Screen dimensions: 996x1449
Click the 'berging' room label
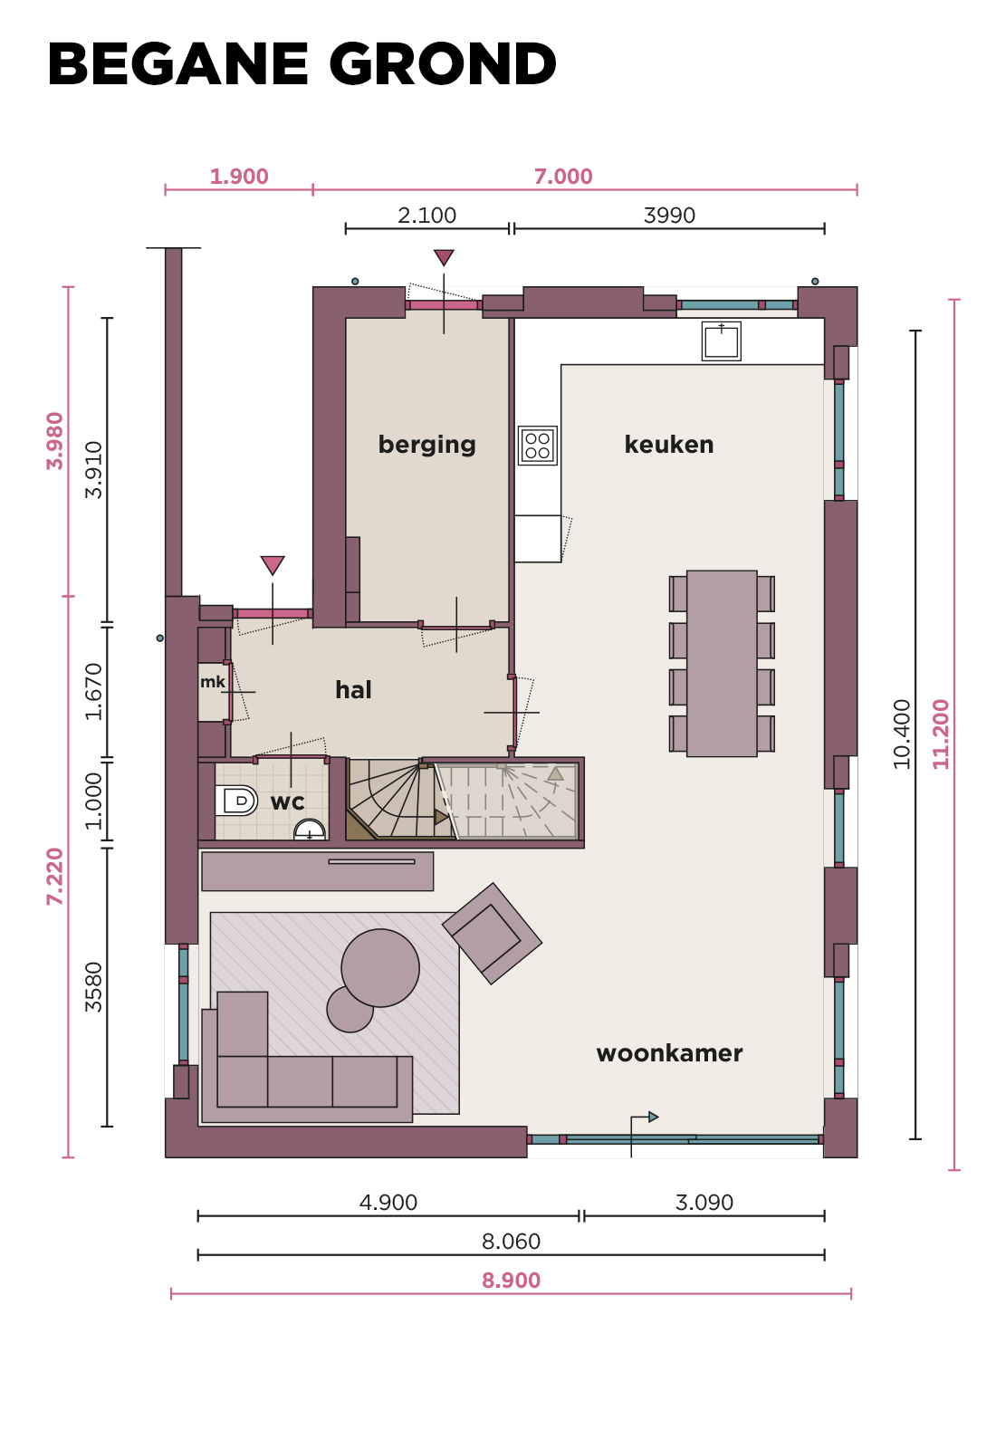(426, 445)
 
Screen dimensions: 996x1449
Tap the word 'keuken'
(669, 445)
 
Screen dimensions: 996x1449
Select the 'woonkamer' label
(669, 1053)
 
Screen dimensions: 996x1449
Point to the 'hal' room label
(353, 689)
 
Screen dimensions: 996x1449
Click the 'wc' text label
(287, 802)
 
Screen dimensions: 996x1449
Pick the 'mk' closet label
(213, 682)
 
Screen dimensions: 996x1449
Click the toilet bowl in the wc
(240, 801)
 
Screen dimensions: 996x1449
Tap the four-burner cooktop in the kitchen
(538, 445)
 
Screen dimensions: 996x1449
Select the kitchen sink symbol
(721, 341)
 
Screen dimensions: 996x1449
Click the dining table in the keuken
(722, 663)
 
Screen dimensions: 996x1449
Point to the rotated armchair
(493, 934)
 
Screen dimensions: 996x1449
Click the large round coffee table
(380, 968)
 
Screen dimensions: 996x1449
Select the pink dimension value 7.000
(562, 176)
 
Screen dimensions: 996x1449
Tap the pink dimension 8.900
(511, 1281)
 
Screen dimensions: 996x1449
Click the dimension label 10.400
(902, 734)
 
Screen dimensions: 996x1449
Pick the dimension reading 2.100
(426, 215)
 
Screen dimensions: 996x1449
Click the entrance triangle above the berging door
(444, 257)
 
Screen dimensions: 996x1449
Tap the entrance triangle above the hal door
(273, 565)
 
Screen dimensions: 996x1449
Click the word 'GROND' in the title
(443, 63)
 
